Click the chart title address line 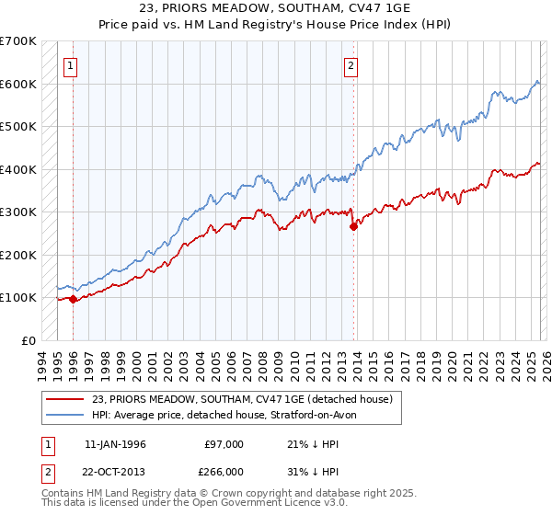coord(275,10)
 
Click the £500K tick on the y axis coord(18,126)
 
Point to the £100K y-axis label coord(18,297)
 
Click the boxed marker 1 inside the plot coord(71,65)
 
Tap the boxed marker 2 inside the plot coord(351,65)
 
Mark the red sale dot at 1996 coord(73,299)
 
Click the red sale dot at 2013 coord(353,226)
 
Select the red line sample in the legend coord(65,399)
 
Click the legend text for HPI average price coord(230,415)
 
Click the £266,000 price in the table coord(224,472)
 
